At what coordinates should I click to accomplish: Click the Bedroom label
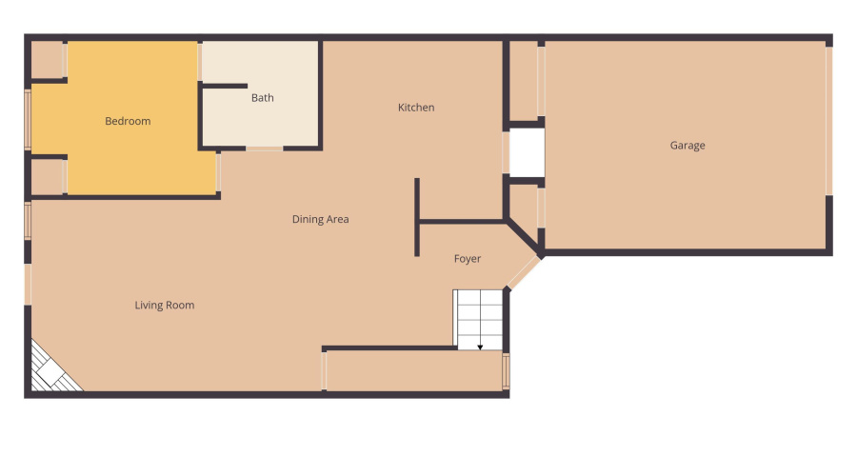click(x=128, y=121)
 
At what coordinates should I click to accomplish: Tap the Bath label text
click(x=262, y=98)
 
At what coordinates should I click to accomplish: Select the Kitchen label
click(x=416, y=108)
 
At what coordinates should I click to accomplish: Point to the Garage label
click(x=688, y=146)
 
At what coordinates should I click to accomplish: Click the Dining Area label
click(x=320, y=219)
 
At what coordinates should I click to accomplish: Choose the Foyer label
click(x=467, y=259)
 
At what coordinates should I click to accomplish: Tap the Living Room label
click(x=165, y=306)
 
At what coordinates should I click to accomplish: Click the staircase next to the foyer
click(x=478, y=319)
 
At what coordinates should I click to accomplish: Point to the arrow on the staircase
click(x=480, y=346)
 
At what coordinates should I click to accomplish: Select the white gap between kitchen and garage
click(x=525, y=152)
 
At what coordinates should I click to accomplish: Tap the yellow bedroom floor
click(x=143, y=152)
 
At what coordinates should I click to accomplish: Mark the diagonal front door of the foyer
click(x=521, y=272)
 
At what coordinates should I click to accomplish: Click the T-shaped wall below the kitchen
click(x=417, y=219)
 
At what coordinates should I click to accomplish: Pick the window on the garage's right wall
click(x=828, y=120)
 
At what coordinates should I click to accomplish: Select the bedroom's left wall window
click(x=28, y=120)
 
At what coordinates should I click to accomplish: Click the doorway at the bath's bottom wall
click(x=264, y=149)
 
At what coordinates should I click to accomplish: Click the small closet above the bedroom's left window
click(x=47, y=60)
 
